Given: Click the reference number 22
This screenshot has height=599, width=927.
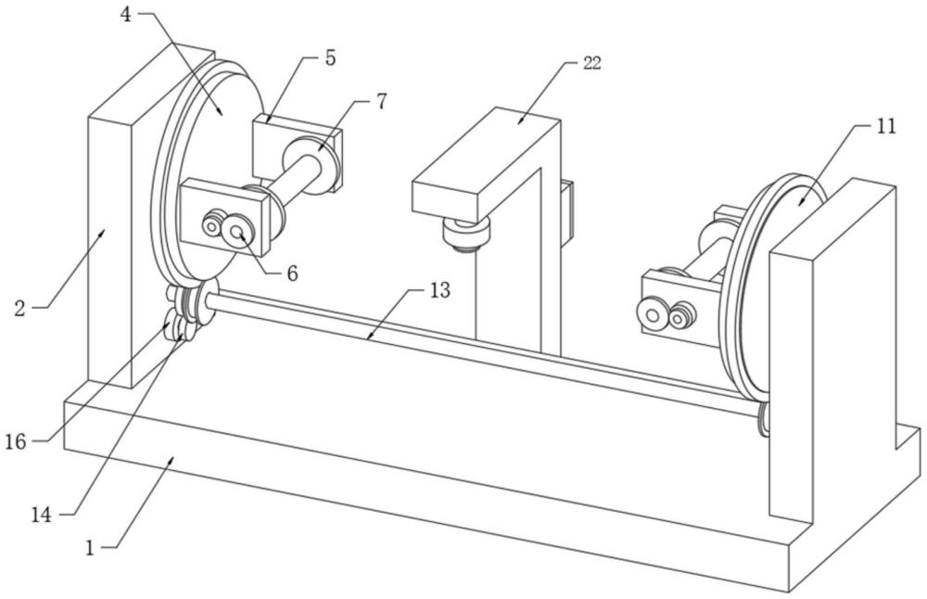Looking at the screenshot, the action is coord(592,63).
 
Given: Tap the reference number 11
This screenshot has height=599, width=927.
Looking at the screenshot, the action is coord(885,126).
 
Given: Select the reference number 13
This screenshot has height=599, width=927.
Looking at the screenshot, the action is coord(439,290).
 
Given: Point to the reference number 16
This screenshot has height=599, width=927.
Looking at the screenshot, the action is coord(16,441).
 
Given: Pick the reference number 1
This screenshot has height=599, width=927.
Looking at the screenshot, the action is coord(90,547).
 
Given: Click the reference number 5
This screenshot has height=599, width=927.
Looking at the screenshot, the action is coord(330,57).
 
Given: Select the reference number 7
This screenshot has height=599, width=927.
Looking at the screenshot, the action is coord(382,101).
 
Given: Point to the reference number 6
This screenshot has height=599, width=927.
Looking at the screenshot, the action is coord(292,273).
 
